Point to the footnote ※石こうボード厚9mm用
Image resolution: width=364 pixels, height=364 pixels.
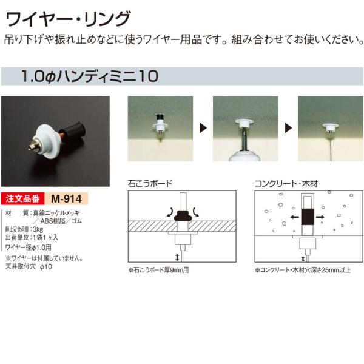159,270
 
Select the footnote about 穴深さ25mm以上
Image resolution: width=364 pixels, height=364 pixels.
303,270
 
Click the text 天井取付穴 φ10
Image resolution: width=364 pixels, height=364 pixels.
30,266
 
